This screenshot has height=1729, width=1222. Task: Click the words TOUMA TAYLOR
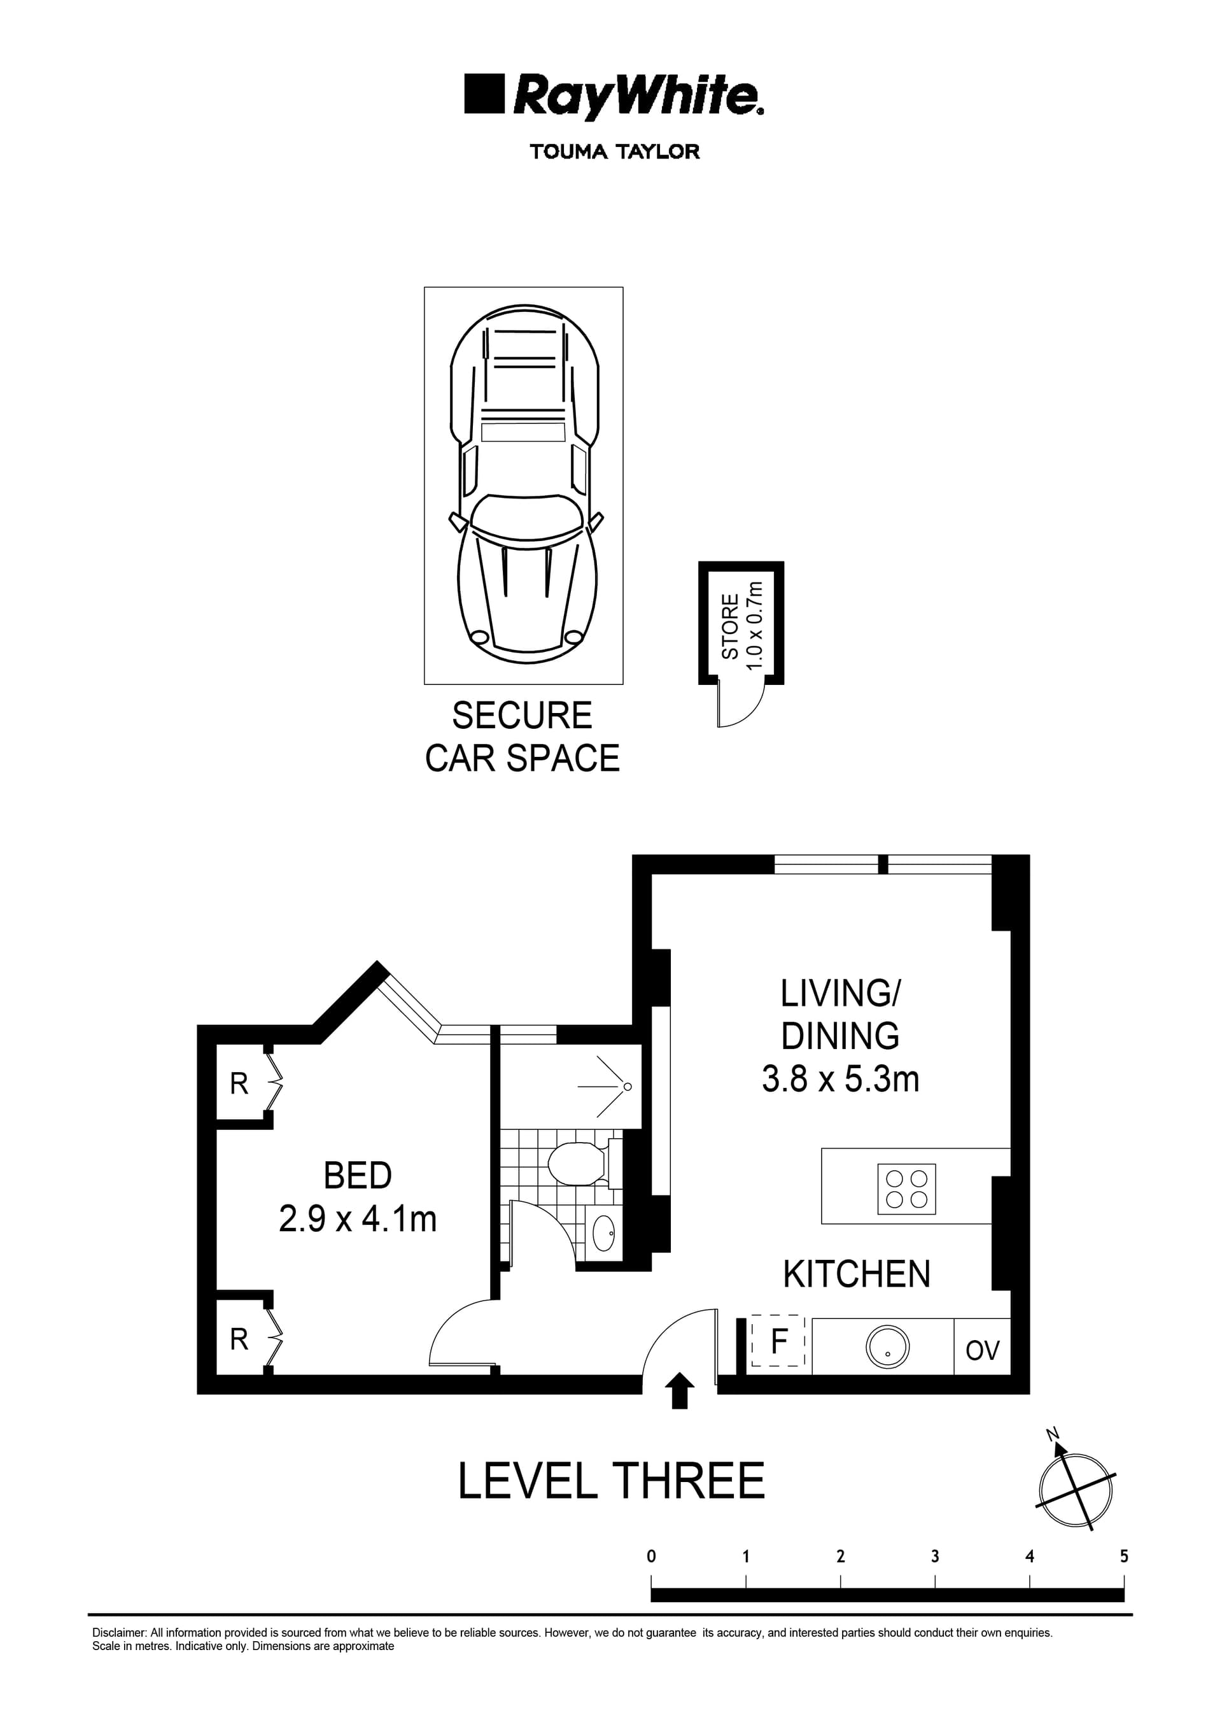(x=614, y=152)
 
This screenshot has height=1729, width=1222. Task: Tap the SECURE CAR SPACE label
(x=522, y=737)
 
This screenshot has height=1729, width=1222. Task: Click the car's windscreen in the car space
(x=526, y=518)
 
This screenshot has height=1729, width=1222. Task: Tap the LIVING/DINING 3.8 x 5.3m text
(x=840, y=1036)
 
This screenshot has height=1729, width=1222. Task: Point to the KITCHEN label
(x=857, y=1274)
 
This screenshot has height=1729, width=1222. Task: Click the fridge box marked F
(x=779, y=1341)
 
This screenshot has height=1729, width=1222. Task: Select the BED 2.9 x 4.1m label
(x=358, y=1197)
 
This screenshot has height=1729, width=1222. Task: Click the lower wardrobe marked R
(x=239, y=1339)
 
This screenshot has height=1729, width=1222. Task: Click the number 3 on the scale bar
(x=934, y=1556)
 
